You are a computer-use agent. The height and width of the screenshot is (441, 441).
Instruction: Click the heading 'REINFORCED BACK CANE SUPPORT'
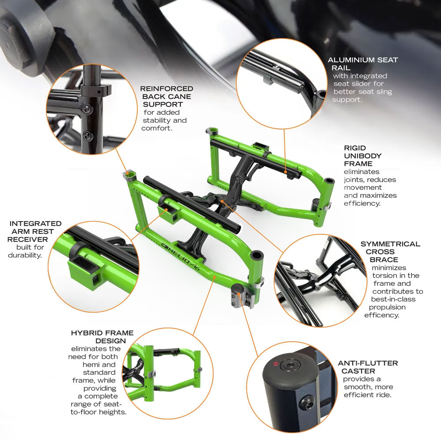pos(167,97)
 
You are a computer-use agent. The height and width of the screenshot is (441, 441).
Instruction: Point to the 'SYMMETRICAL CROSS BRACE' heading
pos(390,252)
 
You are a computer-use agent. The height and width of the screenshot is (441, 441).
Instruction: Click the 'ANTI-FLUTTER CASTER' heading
pos(368,367)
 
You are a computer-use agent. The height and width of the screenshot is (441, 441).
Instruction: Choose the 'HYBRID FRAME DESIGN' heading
pos(102,337)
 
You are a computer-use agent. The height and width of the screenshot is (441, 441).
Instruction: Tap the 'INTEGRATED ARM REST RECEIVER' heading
pos(35,231)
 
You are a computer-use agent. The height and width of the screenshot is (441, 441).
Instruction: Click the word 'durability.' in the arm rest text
pos(26,255)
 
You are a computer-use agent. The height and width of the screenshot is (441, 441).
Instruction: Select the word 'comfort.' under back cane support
pos(157,128)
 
